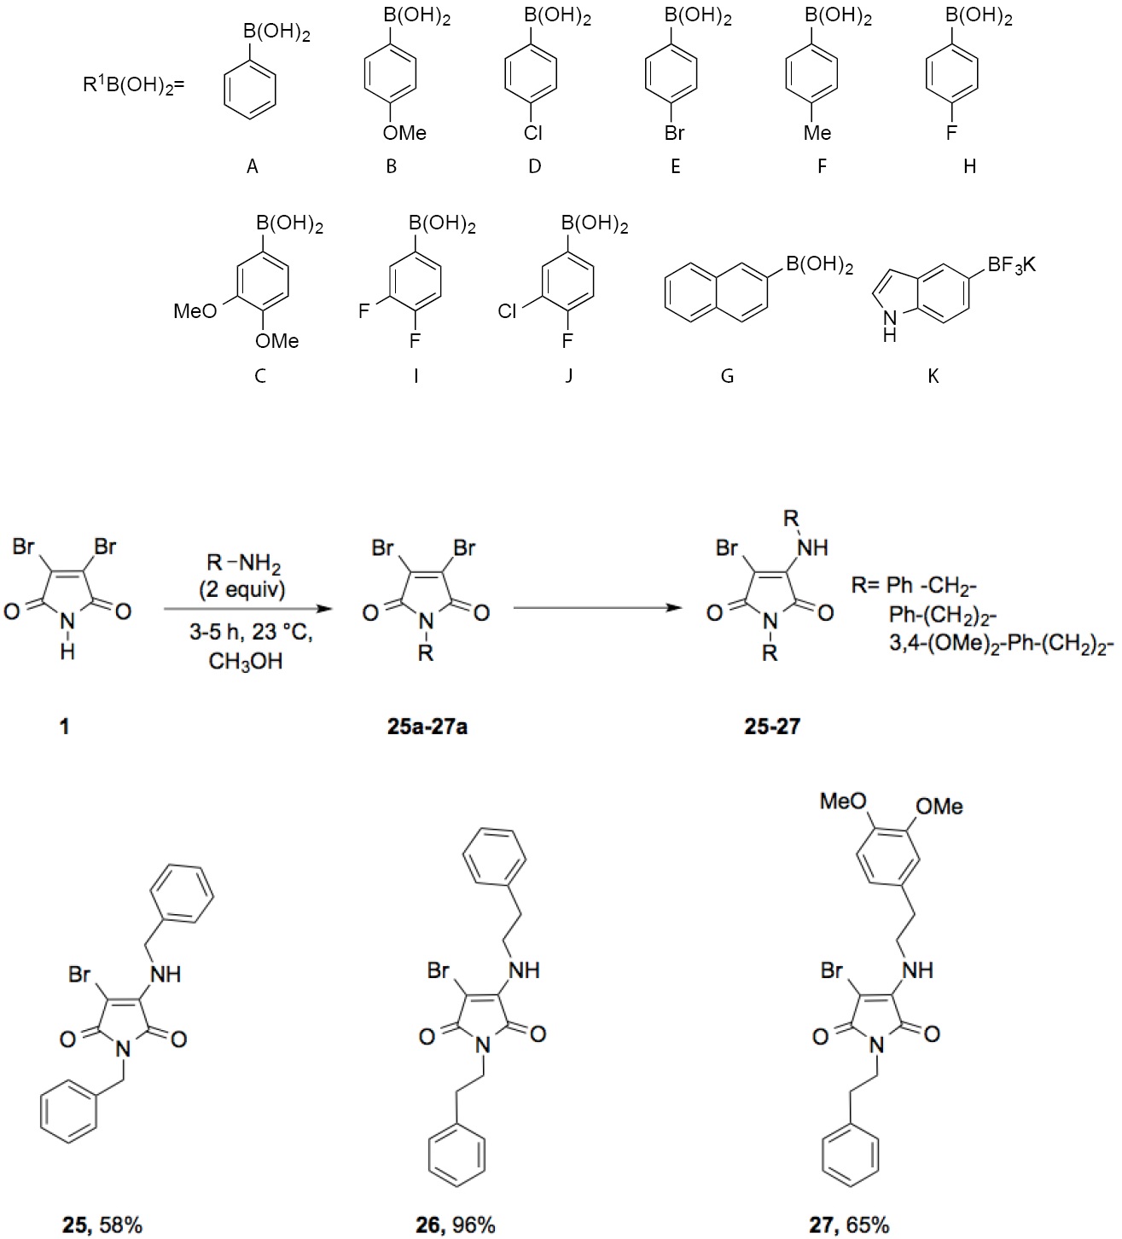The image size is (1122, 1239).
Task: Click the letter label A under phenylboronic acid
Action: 252,167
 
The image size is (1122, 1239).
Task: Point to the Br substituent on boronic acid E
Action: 674,132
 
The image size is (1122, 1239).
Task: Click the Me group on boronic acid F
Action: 817,132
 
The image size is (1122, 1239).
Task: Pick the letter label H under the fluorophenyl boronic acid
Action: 969,167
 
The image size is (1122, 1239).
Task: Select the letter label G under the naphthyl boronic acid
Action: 727,375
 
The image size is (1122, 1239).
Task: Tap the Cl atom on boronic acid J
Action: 507,311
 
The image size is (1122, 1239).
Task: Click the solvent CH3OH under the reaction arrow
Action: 246,662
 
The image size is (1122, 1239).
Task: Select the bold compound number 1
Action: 64,727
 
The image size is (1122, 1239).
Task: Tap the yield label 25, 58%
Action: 102,1225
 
